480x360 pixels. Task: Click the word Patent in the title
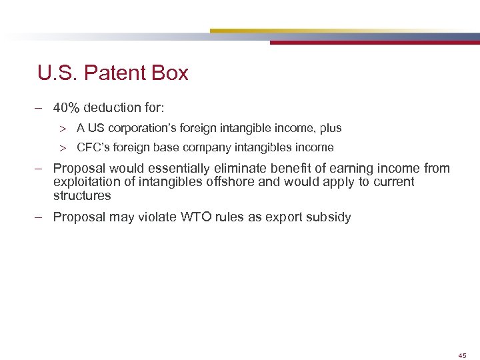point(119,73)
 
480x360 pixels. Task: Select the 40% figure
point(67,107)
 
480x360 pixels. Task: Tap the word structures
point(82,196)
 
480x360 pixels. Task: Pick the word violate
point(149,217)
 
